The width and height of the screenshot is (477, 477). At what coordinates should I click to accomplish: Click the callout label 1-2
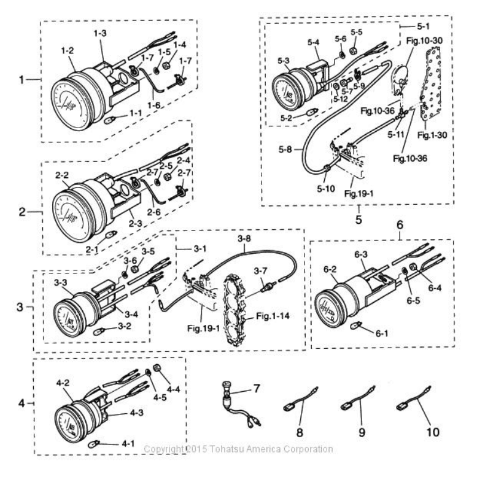point(68,51)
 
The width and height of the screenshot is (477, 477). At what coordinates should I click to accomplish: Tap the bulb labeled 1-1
point(110,120)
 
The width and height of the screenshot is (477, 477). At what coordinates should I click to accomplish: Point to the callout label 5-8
point(285,150)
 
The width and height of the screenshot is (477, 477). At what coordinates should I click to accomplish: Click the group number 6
point(400,225)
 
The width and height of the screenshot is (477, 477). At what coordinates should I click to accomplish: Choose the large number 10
point(433,432)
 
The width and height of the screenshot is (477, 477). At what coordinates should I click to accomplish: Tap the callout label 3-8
point(244,238)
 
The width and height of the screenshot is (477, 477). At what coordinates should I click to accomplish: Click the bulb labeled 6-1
point(355,326)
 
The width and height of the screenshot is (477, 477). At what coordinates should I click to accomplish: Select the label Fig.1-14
point(273,316)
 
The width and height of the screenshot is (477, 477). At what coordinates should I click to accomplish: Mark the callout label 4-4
point(173,389)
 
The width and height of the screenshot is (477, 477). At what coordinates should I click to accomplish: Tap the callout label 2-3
point(135,224)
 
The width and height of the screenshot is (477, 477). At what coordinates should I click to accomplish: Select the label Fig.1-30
point(432,135)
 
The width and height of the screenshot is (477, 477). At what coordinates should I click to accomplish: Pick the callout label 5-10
point(326,189)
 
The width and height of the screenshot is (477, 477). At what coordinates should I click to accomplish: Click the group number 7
point(257,388)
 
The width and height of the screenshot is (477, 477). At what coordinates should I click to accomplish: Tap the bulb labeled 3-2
point(99,330)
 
